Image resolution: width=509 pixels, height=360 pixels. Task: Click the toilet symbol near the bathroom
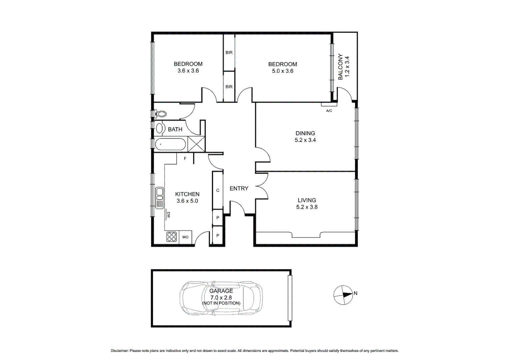[x=161, y=114]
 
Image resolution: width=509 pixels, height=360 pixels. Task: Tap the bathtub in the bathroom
[x=170, y=145]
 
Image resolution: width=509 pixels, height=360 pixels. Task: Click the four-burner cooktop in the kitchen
[x=172, y=237]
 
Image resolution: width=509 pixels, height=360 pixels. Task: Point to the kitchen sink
[x=160, y=198]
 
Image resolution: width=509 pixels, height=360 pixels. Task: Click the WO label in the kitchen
[x=185, y=237]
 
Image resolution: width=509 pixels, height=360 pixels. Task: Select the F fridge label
[x=185, y=159]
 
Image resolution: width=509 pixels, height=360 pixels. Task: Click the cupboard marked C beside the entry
[x=218, y=190]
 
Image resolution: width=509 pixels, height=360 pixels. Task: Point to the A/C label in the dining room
[x=329, y=111]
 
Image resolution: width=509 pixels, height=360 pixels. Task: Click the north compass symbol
[x=343, y=295]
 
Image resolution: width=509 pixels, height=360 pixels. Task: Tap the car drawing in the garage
[x=221, y=298]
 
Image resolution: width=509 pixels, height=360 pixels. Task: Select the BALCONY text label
[x=340, y=67]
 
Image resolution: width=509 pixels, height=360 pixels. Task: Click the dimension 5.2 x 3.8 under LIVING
[x=307, y=207]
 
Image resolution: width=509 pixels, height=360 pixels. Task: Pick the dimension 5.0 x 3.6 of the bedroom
[x=282, y=71]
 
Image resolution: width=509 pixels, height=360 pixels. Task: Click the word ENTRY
[x=239, y=188]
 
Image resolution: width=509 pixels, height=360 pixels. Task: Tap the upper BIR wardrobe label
[x=229, y=53]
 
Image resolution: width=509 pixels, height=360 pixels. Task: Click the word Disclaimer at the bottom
[x=119, y=351]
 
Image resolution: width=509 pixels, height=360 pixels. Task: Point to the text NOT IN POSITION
[x=221, y=303]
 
